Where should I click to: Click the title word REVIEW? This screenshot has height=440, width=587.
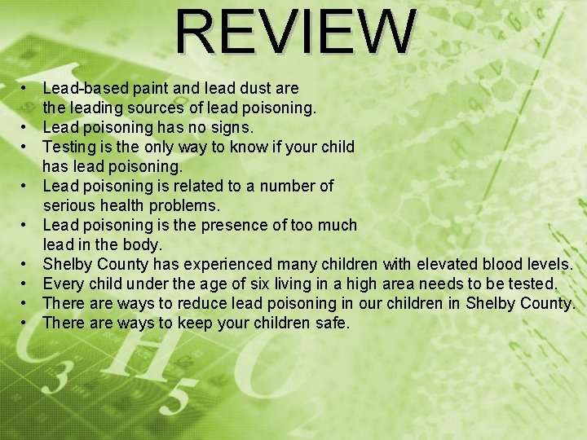click(x=296, y=33)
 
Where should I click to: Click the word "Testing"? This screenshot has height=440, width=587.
click(x=70, y=147)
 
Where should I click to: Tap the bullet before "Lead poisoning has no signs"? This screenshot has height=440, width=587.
click(x=26, y=127)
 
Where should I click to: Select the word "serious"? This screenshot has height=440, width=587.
click(x=69, y=205)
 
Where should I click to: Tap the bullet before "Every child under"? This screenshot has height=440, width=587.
click(x=26, y=284)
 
